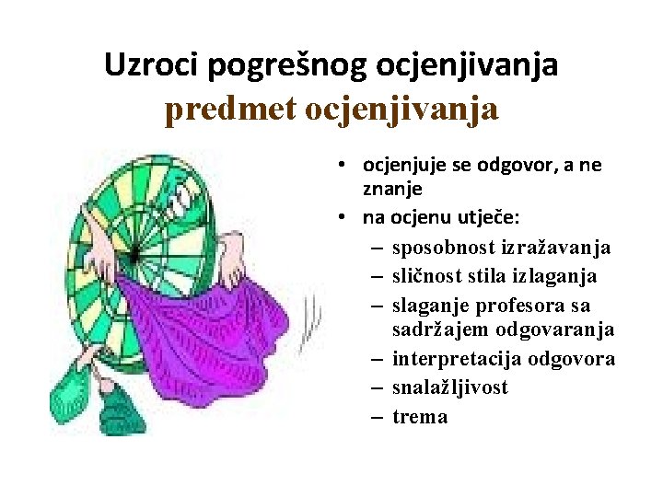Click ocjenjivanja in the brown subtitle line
pyautogui.click(x=401, y=110)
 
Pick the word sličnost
pyautogui.click(x=427, y=276)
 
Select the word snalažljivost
pyautogui.click(x=450, y=387)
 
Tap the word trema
pyautogui.click(x=420, y=417)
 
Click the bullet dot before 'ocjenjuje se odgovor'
pyautogui.click(x=341, y=166)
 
